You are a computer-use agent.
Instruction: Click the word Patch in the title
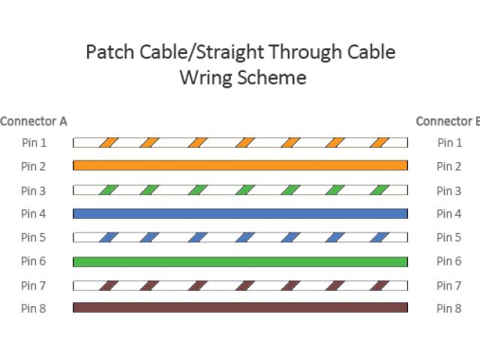tap(107, 52)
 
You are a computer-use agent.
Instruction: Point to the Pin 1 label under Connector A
tap(34, 142)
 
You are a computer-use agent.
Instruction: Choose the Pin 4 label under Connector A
tap(34, 214)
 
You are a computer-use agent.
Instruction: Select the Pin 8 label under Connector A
tap(34, 308)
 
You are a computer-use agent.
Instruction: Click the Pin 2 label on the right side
tap(448, 166)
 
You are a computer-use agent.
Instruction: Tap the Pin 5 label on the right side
tap(448, 238)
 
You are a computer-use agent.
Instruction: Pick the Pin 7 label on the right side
tap(448, 286)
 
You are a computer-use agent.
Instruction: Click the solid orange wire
tap(240, 166)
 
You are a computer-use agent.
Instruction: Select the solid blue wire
tap(240, 214)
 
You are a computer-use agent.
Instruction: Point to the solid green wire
tap(240, 262)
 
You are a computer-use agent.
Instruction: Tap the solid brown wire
tap(240, 307)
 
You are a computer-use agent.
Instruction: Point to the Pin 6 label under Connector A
tap(34, 262)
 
